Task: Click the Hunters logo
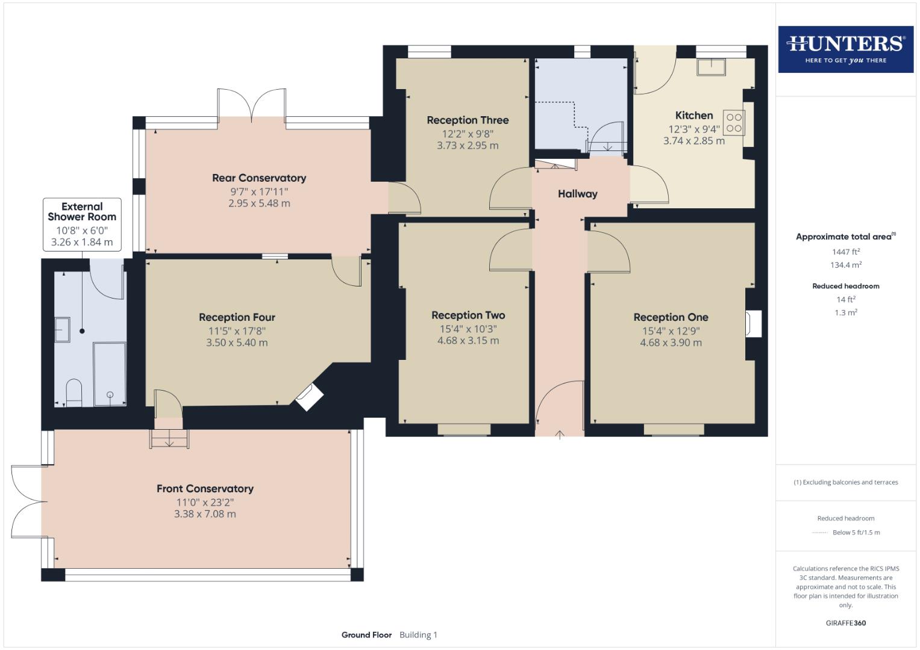coord(845,49)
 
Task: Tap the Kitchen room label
coord(694,116)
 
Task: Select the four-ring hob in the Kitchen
coord(734,123)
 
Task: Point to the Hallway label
coord(577,194)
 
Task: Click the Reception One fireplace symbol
coord(753,324)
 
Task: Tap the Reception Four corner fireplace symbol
coord(309,397)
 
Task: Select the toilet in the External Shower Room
coord(74,391)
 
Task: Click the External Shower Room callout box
coord(82,224)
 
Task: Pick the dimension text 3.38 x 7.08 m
coord(205,514)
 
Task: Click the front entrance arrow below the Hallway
coord(560,434)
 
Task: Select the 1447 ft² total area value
coord(845,252)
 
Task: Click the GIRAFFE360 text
coord(845,623)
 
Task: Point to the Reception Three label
coord(468,120)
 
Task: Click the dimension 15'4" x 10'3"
coord(468,329)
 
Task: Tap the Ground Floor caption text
coord(366,635)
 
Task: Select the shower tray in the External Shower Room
coord(110,373)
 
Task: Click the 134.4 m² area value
coord(845,265)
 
